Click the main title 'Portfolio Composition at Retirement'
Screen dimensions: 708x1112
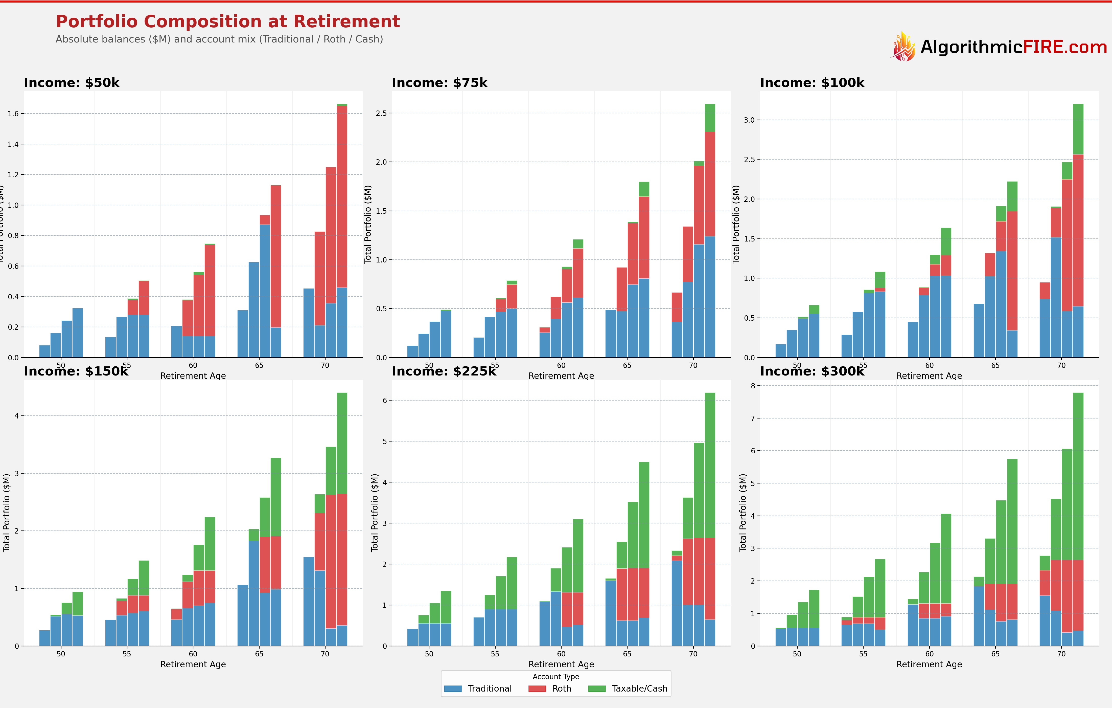(x=228, y=22)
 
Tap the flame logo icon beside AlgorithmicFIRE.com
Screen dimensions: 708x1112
(x=903, y=47)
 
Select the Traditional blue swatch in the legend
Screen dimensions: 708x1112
(x=453, y=689)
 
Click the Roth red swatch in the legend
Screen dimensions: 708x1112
(x=537, y=689)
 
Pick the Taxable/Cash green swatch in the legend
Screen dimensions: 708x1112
(x=597, y=689)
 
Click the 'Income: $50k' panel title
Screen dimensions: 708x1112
(x=72, y=83)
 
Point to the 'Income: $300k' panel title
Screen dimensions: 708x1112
(x=812, y=371)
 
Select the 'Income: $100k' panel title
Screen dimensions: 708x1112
(x=812, y=83)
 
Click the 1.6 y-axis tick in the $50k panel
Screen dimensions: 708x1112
(x=13, y=114)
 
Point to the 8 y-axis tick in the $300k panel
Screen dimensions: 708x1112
(x=753, y=386)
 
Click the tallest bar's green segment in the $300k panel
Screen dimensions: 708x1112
(x=1078, y=476)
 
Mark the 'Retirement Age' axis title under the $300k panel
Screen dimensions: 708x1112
(x=929, y=664)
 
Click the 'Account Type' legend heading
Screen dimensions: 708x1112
(x=555, y=677)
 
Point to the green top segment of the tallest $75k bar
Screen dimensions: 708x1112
(x=710, y=118)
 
